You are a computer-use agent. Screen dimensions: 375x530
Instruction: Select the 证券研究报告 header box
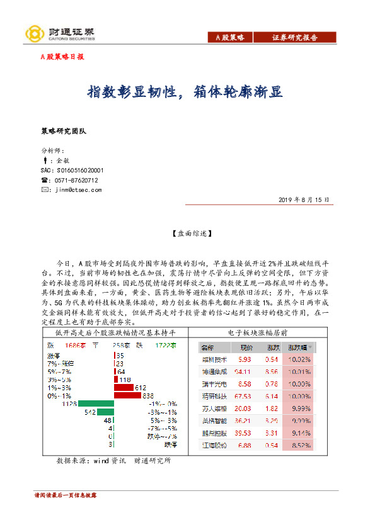[x=294, y=38]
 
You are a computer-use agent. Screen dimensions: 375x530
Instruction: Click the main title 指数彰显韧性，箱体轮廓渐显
[x=185, y=92]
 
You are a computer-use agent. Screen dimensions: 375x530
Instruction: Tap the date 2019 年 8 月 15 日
[x=304, y=199]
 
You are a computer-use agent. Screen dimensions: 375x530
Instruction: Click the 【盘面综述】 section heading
[x=187, y=233]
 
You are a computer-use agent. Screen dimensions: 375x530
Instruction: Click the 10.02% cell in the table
[x=299, y=359]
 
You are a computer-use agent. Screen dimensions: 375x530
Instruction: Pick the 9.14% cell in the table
[x=299, y=433]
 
